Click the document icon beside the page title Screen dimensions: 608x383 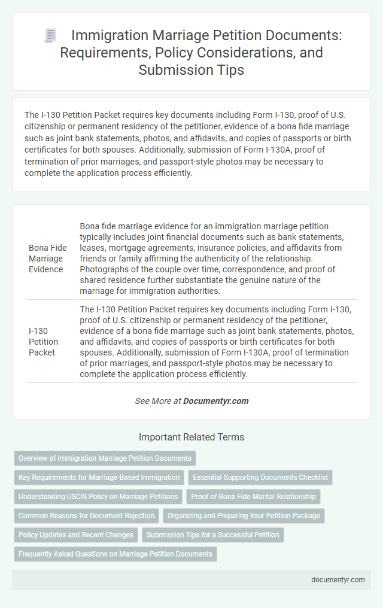pos(51,36)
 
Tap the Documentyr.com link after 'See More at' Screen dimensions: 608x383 pos(216,401)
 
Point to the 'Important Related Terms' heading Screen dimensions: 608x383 pos(191,437)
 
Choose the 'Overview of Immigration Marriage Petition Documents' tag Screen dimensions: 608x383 pos(105,458)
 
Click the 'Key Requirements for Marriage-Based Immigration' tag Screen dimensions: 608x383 pos(99,478)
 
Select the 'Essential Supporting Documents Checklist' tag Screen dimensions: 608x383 pos(260,478)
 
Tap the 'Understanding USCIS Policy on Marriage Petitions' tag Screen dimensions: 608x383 pos(98,497)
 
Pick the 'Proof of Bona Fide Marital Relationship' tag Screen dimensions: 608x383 pos(253,497)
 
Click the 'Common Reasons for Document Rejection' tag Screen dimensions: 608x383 pos(86,516)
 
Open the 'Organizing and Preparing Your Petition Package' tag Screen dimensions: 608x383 pos(244,516)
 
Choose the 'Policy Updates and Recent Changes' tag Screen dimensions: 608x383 pos(76,535)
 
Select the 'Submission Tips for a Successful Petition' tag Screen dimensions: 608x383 pos(213,535)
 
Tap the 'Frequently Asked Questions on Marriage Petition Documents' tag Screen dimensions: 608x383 pos(115,554)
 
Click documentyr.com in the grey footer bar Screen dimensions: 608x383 pos(338,579)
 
